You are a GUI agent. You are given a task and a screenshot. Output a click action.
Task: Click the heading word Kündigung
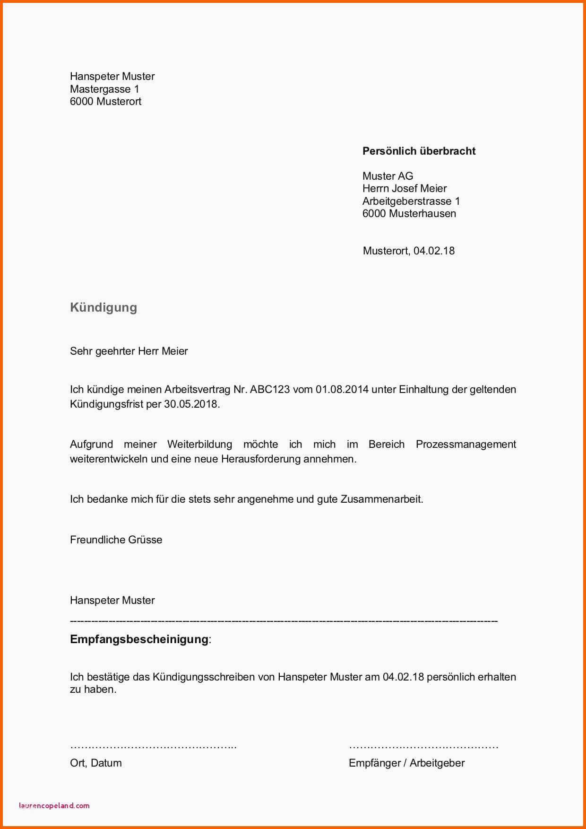tap(103, 307)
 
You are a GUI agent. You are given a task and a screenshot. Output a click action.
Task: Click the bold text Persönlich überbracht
tap(419, 151)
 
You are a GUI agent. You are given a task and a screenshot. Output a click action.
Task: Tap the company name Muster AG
tap(388, 176)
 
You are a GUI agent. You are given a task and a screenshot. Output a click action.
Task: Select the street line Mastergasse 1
tap(104, 89)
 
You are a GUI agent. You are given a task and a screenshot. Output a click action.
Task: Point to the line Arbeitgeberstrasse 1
tap(411, 201)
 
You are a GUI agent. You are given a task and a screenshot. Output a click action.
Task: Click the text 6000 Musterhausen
tap(409, 213)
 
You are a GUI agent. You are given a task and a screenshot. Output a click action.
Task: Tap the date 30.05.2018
tap(191, 404)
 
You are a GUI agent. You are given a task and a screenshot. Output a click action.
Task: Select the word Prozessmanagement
tap(465, 445)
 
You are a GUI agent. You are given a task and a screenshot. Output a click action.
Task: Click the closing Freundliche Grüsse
tap(116, 540)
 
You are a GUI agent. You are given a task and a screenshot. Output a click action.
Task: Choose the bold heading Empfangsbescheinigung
tap(139, 639)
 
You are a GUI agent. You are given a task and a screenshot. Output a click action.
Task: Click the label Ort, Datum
tap(96, 763)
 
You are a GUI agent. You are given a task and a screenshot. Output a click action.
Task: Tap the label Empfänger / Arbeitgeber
tap(406, 763)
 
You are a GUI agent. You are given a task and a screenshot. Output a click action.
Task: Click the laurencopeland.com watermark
tap(54, 805)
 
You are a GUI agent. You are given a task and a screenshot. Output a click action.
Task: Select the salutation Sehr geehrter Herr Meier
tap(129, 351)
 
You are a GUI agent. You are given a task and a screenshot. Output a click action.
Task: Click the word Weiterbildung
tap(199, 445)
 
